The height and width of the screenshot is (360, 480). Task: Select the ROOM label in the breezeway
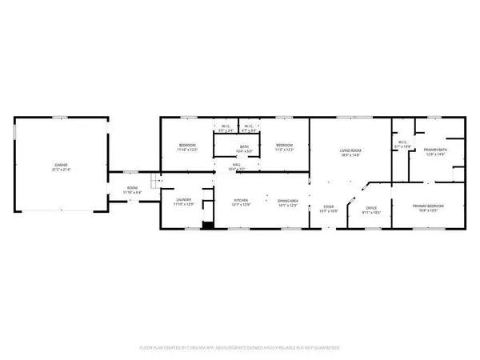[131, 189]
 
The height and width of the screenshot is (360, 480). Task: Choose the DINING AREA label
[287, 200]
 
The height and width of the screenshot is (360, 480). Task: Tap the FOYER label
[328, 206]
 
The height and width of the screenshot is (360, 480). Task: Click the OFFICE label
[371, 207]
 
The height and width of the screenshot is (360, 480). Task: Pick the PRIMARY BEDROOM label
[428, 206]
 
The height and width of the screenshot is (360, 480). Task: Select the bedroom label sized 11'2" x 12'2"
[285, 146]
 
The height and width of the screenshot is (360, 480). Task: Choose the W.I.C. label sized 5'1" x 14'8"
[402, 143]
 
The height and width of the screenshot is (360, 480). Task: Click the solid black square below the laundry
[208, 225]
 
